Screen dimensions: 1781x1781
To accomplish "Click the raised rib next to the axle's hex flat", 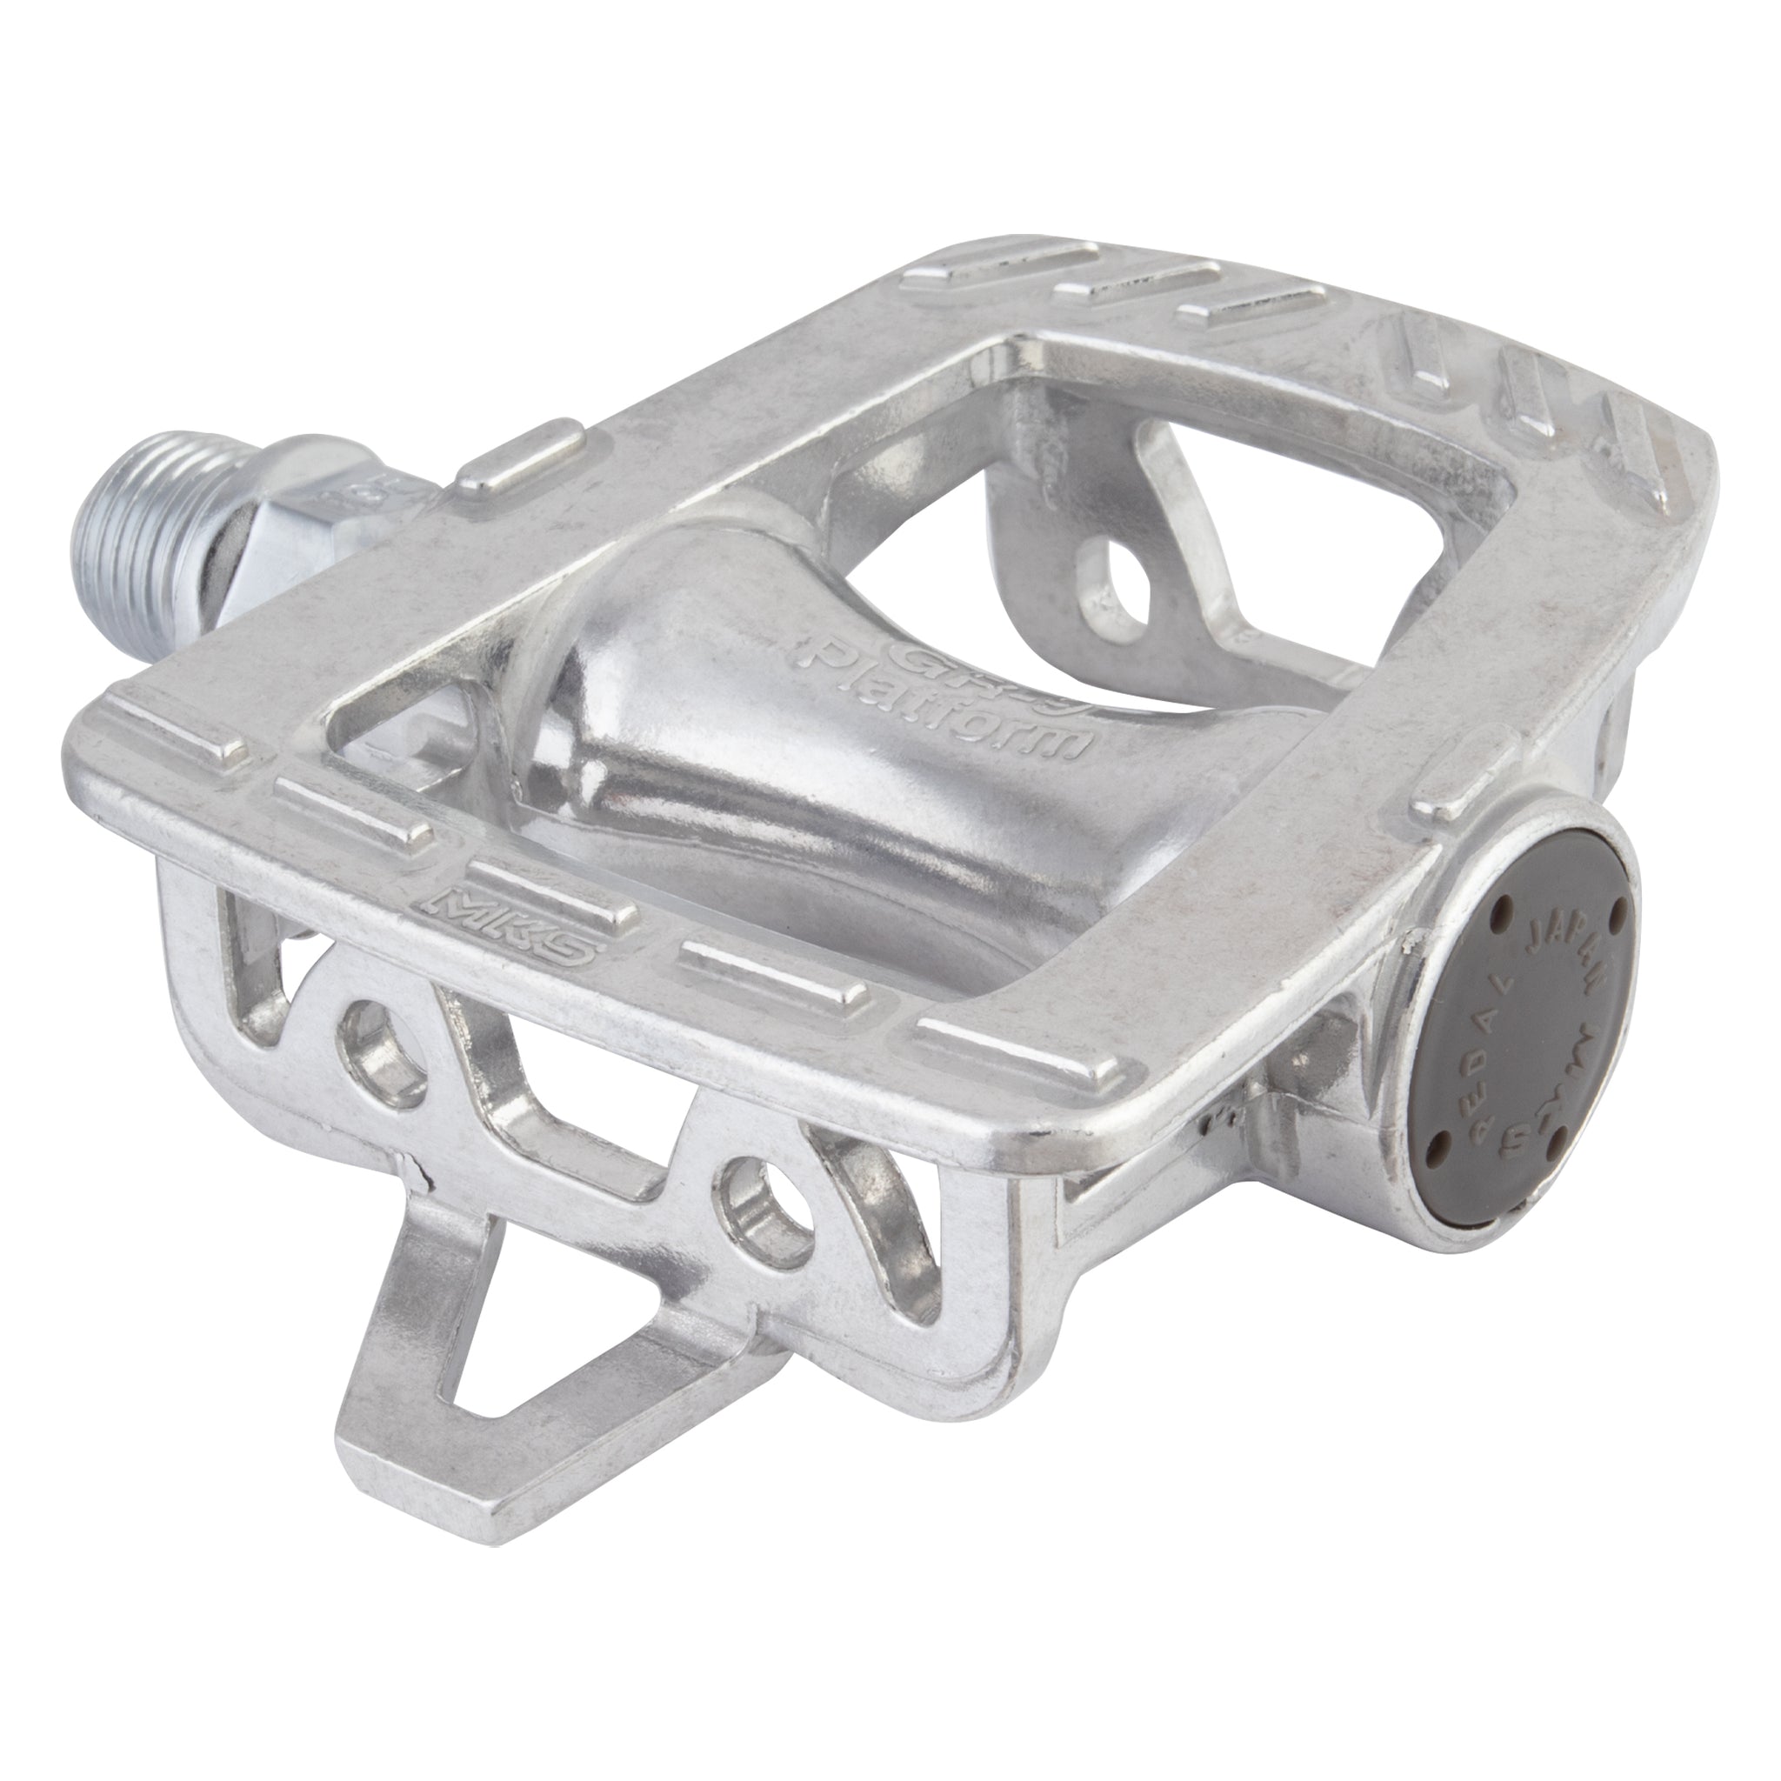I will click(x=521, y=460).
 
